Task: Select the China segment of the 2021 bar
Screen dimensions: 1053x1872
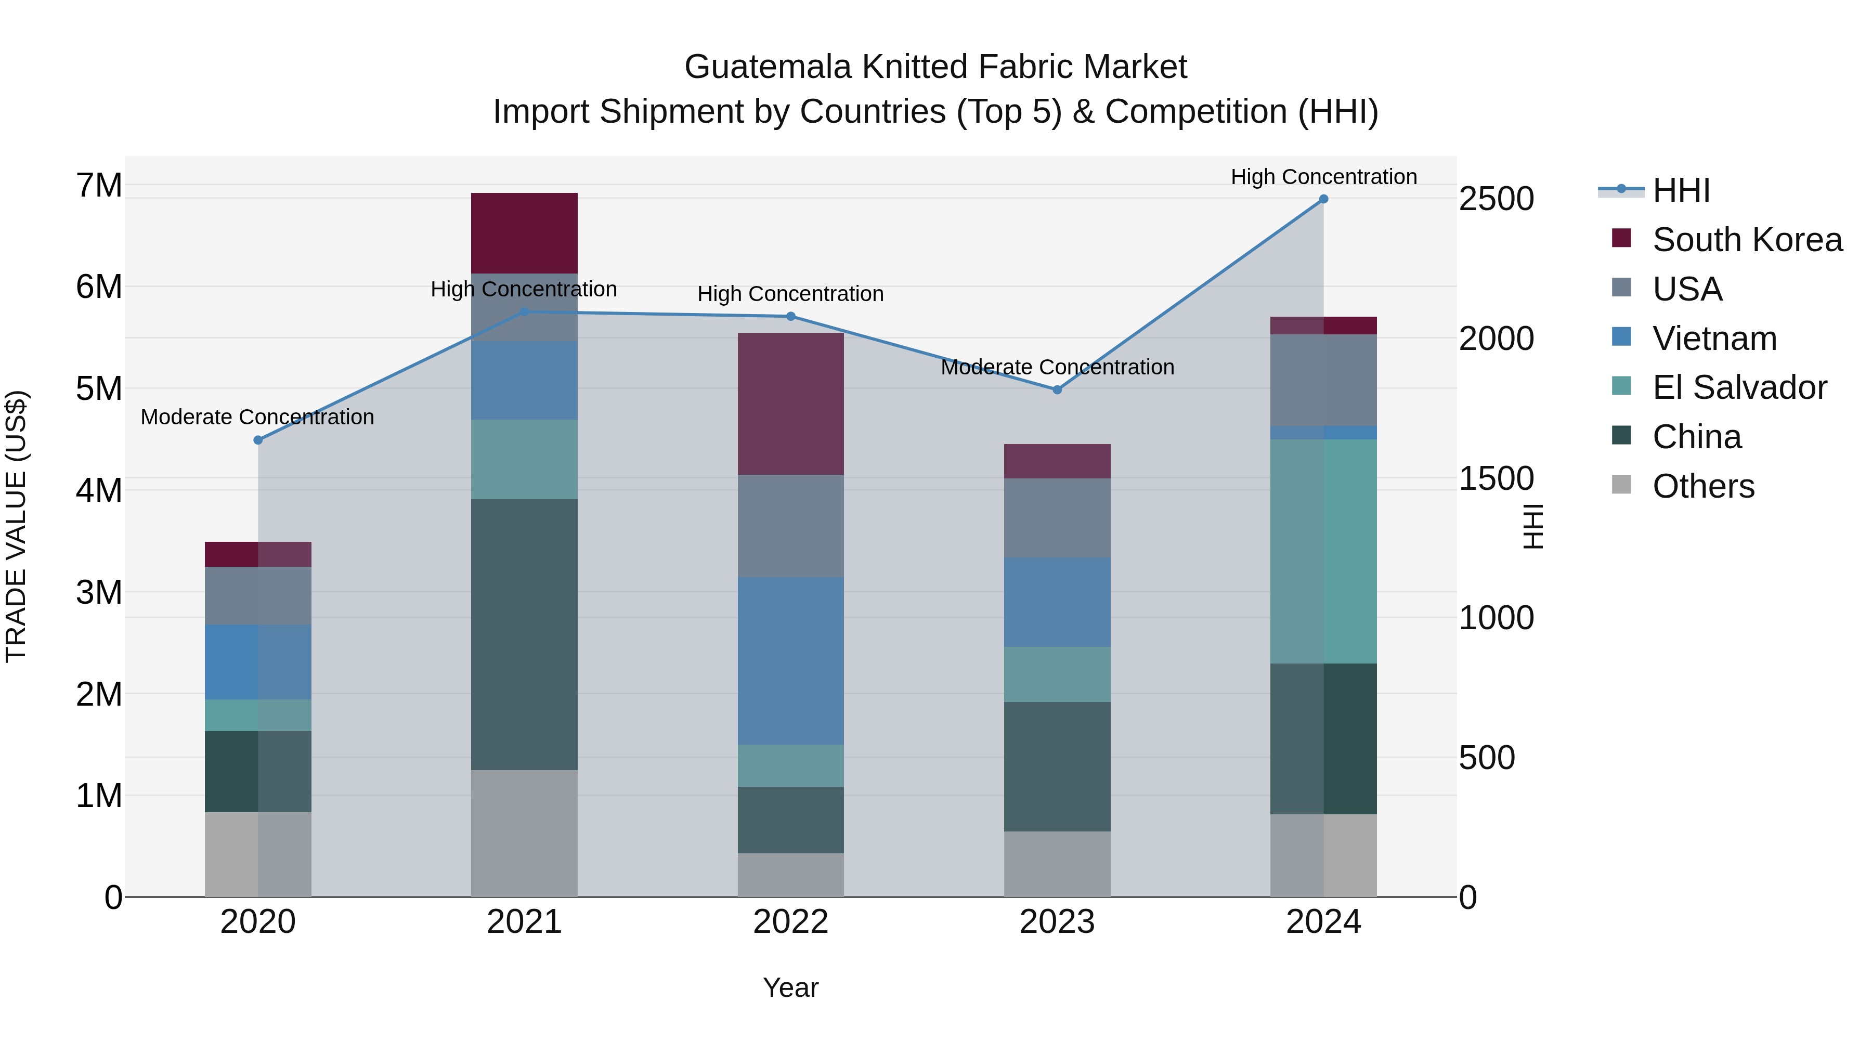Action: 524,634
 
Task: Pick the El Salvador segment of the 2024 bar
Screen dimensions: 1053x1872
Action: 1323,551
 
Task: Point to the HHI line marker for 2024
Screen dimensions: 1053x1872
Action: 1323,199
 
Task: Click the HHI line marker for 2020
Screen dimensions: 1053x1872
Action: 258,439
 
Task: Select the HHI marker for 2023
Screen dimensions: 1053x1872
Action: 1057,389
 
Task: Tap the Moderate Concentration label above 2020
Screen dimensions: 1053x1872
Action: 257,417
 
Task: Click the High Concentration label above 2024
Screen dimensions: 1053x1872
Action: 1323,177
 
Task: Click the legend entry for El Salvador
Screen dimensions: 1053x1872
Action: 1738,387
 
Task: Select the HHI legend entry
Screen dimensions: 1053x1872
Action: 1680,190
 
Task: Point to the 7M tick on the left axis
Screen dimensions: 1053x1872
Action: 99,185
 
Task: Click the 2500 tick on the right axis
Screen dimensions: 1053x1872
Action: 1496,199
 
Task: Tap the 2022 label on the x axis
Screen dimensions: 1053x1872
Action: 790,922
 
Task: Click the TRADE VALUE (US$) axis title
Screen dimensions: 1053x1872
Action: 16,526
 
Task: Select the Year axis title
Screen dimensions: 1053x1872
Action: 790,987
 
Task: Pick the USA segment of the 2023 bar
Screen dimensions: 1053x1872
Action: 1057,517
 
